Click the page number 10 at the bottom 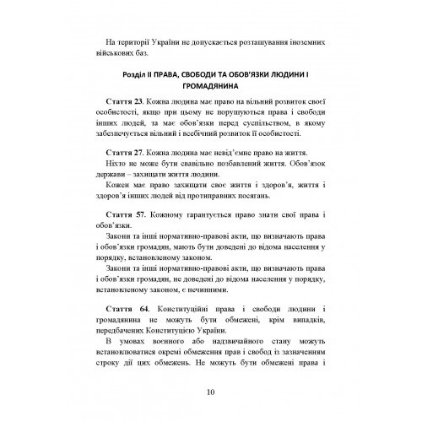210,390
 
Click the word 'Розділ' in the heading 122,71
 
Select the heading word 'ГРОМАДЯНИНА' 211,84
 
